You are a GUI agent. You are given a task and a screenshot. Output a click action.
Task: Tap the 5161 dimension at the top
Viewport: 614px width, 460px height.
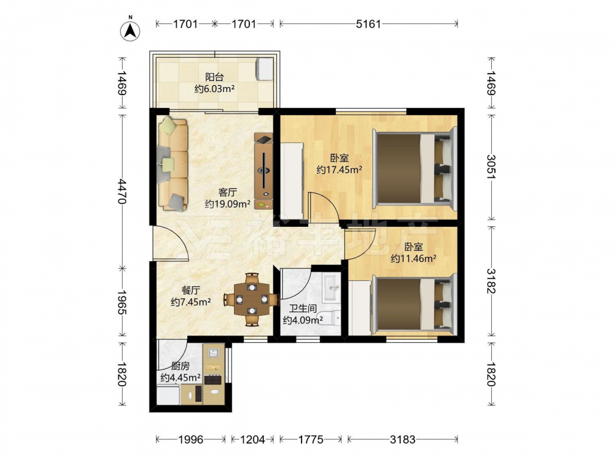(x=368, y=24)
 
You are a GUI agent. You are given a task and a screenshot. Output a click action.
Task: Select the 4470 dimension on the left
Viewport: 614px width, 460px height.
(x=122, y=191)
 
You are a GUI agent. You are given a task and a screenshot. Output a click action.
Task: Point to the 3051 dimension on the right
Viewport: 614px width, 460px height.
(x=491, y=167)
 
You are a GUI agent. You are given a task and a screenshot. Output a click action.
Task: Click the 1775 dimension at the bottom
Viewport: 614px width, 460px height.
(x=311, y=440)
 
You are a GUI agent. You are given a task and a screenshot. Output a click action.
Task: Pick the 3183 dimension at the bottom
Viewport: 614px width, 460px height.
(x=403, y=440)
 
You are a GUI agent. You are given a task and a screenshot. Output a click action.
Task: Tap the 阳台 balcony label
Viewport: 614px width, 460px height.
(x=214, y=77)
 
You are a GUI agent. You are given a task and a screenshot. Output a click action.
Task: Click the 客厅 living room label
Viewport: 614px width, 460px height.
(x=228, y=193)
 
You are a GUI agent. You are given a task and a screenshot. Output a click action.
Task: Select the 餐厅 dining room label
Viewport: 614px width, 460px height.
(x=191, y=290)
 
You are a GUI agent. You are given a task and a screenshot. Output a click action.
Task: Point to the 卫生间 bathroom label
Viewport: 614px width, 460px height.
(x=303, y=309)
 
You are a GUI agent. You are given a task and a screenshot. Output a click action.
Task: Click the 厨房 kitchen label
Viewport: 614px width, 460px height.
(x=181, y=366)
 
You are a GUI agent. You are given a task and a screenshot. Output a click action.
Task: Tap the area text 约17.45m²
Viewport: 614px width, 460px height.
(x=339, y=170)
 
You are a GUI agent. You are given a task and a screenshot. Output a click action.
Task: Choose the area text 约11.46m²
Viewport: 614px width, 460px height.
(x=413, y=258)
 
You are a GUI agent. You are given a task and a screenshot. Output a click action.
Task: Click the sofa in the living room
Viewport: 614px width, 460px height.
(x=173, y=164)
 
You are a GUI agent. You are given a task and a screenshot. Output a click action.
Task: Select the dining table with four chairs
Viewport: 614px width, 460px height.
(x=251, y=300)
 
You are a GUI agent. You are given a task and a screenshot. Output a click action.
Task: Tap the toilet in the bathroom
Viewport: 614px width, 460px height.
(x=330, y=318)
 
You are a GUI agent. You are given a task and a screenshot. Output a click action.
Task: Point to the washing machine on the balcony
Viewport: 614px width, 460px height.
(x=265, y=69)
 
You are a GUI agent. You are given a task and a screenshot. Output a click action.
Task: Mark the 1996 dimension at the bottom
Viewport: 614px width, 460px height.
(x=191, y=440)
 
